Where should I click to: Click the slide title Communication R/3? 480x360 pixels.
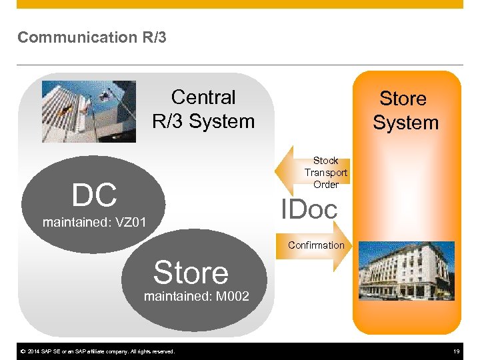[x=92, y=37]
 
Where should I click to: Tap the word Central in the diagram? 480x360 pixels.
[x=203, y=97]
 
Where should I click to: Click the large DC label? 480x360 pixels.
[x=95, y=195]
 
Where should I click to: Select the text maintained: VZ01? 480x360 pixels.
[x=94, y=222]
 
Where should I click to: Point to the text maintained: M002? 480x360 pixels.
[x=197, y=296]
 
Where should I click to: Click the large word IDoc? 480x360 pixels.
[x=309, y=209]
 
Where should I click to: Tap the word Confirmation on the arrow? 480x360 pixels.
[x=316, y=245]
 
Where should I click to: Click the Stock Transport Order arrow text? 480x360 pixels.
[x=325, y=173]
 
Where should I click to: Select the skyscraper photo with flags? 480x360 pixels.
[x=89, y=112]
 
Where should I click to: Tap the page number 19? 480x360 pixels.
[x=457, y=351]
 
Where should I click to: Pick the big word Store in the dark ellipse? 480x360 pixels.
[x=191, y=273]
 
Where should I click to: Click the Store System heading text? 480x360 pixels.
[x=405, y=111]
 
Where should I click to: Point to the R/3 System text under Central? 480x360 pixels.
[x=203, y=121]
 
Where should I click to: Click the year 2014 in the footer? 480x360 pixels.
[x=33, y=351]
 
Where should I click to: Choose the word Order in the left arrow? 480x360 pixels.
[x=326, y=185]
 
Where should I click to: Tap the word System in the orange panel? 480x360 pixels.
[x=405, y=123]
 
